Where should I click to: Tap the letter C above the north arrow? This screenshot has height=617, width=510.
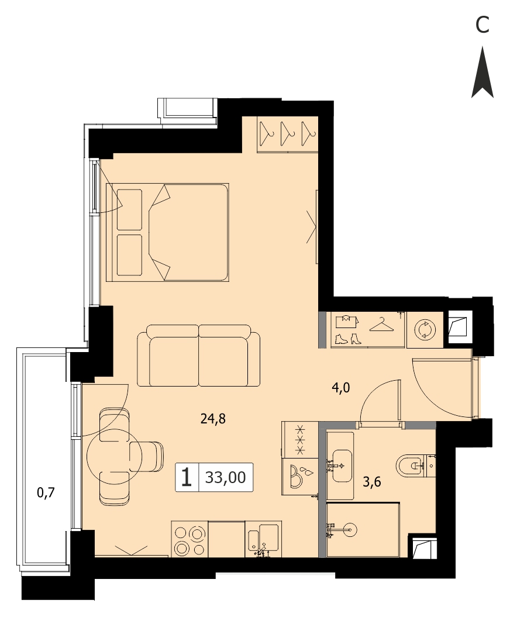coord(482,25)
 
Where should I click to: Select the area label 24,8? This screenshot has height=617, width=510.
coord(213,419)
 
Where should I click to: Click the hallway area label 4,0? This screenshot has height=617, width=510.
coord(340,388)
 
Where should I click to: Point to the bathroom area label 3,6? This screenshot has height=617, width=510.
coord(372,482)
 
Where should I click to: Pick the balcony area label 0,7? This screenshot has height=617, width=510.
coord(46,492)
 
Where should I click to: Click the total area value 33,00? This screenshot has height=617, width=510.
coord(226,477)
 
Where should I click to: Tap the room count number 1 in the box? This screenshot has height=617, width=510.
coord(187,477)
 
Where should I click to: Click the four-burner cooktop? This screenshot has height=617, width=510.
coord(189,540)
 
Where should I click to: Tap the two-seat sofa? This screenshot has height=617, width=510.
coord(199,356)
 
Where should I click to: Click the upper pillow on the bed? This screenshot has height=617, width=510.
coord(129,210)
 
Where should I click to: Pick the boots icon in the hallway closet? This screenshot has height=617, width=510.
coord(348,339)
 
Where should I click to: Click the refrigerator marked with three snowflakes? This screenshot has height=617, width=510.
coord(300,440)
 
